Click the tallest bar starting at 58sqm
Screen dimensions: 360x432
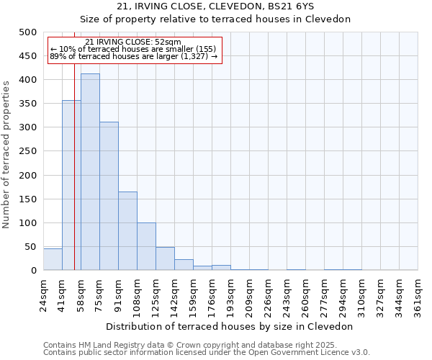90,172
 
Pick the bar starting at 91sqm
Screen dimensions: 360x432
127,230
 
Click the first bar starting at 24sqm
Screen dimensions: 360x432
53,259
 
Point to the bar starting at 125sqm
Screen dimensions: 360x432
165,258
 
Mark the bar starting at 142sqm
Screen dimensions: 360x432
184,264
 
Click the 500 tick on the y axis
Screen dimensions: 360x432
28,32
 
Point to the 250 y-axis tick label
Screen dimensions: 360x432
28,151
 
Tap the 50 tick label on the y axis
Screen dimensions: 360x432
30,247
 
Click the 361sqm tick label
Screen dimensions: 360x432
418,295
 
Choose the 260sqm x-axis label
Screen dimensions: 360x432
305,295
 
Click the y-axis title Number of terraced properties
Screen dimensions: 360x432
7,154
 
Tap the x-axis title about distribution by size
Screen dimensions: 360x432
230,326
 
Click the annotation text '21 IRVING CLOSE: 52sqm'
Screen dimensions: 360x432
133,42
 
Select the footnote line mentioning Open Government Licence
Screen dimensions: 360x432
207,353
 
